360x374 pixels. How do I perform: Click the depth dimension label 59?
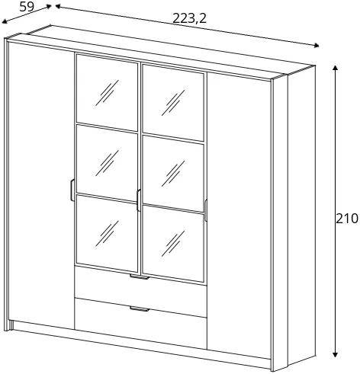coord(27,7)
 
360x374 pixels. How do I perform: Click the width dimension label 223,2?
coord(189,18)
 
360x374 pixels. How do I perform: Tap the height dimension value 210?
coord(347,219)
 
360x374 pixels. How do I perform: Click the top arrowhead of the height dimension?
coord(336,68)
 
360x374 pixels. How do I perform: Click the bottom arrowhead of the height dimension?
coord(336,355)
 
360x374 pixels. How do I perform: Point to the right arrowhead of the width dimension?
coord(317,46)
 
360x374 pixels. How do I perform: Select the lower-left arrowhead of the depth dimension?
coord(4,22)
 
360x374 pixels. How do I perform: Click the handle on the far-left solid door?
coord(72,190)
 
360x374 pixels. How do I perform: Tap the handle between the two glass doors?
coord(139,200)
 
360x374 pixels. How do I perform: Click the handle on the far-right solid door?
coord(205,210)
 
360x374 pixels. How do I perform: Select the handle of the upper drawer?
coord(140,277)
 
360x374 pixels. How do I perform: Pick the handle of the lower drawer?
coord(140,309)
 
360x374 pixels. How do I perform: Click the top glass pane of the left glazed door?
coord(107,93)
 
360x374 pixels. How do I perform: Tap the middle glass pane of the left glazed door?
coord(107,163)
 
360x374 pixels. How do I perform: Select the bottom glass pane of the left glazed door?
coord(107,234)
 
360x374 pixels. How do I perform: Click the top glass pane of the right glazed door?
coord(173,103)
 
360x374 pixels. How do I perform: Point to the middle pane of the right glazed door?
coord(173,173)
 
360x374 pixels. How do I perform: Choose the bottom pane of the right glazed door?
coord(173,244)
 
